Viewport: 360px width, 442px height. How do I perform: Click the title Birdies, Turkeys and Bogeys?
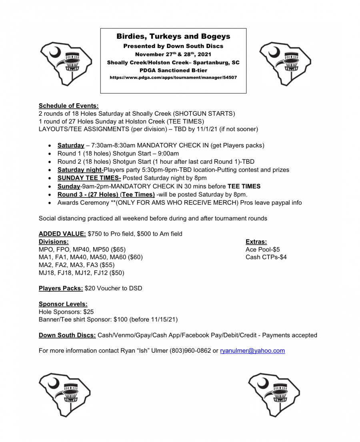(173, 36)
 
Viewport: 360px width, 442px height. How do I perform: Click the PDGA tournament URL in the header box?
(173, 77)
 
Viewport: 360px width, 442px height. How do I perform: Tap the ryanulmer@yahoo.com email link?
(252, 351)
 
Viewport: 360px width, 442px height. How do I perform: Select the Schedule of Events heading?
(68, 106)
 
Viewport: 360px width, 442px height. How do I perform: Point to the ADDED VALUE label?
(62, 234)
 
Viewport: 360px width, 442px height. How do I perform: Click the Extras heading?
(256, 241)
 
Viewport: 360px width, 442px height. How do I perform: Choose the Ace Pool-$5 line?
(262, 249)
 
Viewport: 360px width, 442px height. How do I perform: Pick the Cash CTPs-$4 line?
(266, 257)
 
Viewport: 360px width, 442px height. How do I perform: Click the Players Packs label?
(61, 288)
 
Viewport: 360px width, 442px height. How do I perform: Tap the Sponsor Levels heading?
(63, 304)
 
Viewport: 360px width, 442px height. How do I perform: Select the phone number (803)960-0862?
(190, 351)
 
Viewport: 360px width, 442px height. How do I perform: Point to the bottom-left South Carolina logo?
(64, 394)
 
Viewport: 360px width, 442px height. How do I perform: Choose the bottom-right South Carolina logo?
(274, 394)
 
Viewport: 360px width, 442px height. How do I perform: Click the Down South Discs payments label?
(67, 335)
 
